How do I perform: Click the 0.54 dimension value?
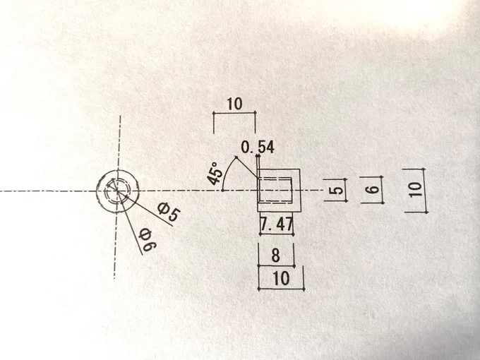(x=258, y=147)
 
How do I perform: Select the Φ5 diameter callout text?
(x=169, y=212)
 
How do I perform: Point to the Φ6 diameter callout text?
(x=148, y=240)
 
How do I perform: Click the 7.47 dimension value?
(x=277, y=224)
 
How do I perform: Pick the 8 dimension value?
(x=275, y=255)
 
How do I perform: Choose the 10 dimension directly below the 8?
(x=281, y=278)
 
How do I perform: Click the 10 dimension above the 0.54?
(x=235, y=104)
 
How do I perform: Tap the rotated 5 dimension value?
(x=336, y=191)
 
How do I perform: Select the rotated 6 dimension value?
(x=373, y=189)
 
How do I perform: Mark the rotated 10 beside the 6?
(x=415, y=190)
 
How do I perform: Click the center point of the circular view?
(x=117, y=191)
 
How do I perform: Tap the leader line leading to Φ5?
(x=145, y=208)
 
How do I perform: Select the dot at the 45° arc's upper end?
(x=236, y=157)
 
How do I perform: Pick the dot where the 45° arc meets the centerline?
(x=222, y=191)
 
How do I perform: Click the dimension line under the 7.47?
(x=277, y=234)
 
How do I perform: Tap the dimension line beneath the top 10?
(x=234, y=113)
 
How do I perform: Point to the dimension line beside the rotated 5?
(x=346, y=190)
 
